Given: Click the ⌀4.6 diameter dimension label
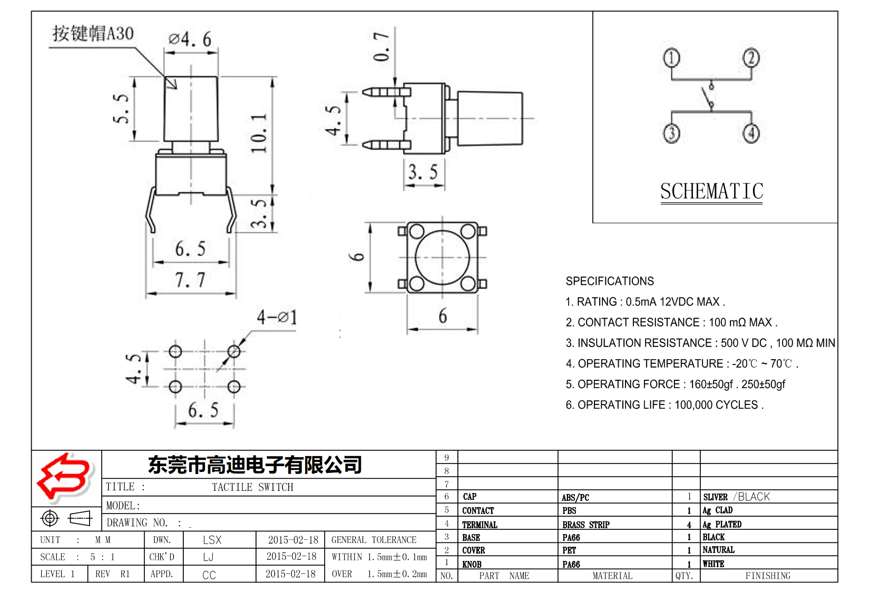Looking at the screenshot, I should [190, 39].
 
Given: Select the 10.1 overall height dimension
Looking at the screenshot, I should [259, 133].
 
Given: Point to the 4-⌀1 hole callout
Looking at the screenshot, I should [277, 317].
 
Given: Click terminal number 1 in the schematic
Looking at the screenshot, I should [671, 58].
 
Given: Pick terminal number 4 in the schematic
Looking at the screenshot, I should [751, 133].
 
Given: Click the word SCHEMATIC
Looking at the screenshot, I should [711, 192].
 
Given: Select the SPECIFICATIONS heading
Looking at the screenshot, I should [610, 281].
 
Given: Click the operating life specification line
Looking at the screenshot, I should [664, 405].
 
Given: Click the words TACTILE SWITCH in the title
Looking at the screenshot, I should [252, 487].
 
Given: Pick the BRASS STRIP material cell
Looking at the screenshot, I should [585, 525].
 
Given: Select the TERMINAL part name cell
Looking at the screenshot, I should [480, 525].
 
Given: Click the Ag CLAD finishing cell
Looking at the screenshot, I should [717, 510].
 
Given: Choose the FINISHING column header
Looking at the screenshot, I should [768, 576].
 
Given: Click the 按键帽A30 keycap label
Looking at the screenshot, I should [93, 34].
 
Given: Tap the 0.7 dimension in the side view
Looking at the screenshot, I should [382, 46].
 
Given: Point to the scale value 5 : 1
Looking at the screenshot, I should [102, 557].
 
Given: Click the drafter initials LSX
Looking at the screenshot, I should [212, 540].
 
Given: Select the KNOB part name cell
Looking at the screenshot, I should [472, 564].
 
